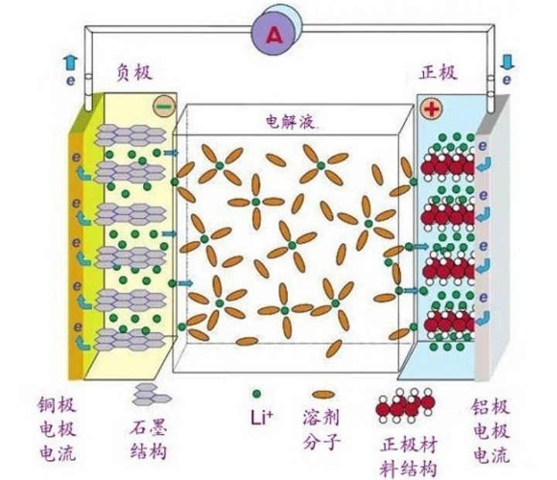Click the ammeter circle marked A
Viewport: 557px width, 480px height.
pos(273,32)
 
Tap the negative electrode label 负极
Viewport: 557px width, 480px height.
pos(134,73)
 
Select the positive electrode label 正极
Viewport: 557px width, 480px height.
pos(438,73)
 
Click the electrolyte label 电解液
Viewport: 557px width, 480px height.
pos(290,122)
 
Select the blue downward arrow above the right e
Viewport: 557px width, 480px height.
pos(507,61)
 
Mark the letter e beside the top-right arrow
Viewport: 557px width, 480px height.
pos(507,79)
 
